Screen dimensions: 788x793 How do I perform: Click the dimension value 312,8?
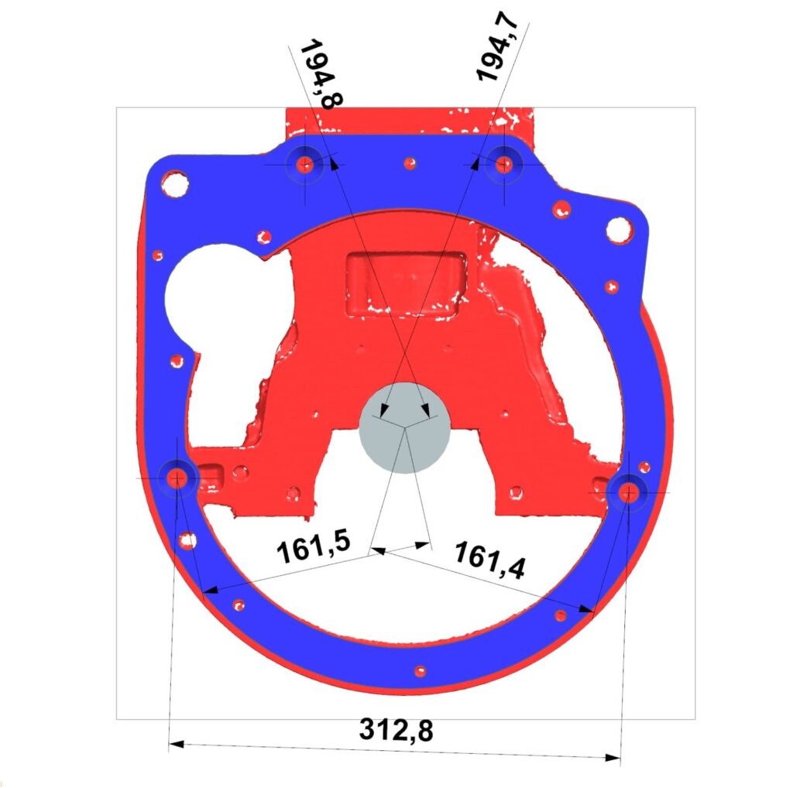click(396, 729)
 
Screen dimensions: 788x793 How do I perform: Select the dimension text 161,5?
click(314, 548)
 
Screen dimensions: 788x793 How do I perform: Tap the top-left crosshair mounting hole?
click(305, 163)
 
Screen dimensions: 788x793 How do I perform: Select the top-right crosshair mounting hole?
click(504, 163)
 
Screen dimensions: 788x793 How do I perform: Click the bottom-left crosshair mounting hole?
click(177, 478)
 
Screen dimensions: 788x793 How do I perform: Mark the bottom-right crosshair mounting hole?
click(628, 492)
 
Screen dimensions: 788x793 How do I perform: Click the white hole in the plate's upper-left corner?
click(175, 184)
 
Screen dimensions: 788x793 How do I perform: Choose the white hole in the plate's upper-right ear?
click(619, 229)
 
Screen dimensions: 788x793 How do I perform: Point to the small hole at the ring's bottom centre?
click(420, 671)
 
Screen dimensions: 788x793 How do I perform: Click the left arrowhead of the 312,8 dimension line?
click(175, 745)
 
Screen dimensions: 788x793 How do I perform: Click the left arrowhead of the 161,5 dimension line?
click(211, 590)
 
